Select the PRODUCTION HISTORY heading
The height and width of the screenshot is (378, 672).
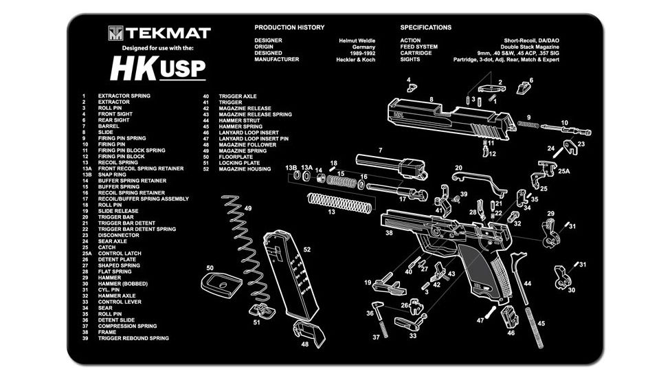(x=289, y=27)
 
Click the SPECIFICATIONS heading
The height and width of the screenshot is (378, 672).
(x=425, y=27)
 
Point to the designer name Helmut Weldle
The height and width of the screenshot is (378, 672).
(x=357, y=41)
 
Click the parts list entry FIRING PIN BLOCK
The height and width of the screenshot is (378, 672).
(x=121, y=157)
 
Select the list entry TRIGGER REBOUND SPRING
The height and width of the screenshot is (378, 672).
(x=133, y=338)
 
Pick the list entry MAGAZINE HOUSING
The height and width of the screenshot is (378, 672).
(x=245, y=169)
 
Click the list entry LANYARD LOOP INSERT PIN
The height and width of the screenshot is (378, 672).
(x=254, y=139)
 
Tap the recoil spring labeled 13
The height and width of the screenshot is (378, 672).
(x=339, y=202)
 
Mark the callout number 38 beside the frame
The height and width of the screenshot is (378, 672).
(x=389, y=234)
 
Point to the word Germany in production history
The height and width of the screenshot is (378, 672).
(x=363, y=47)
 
